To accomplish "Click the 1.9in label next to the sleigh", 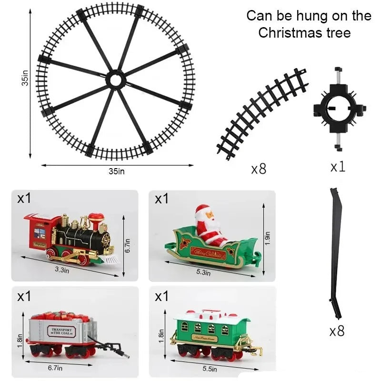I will pyautogui.click(x=268, y=236).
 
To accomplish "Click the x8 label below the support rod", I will pyautogui.click(x=337, y=331).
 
